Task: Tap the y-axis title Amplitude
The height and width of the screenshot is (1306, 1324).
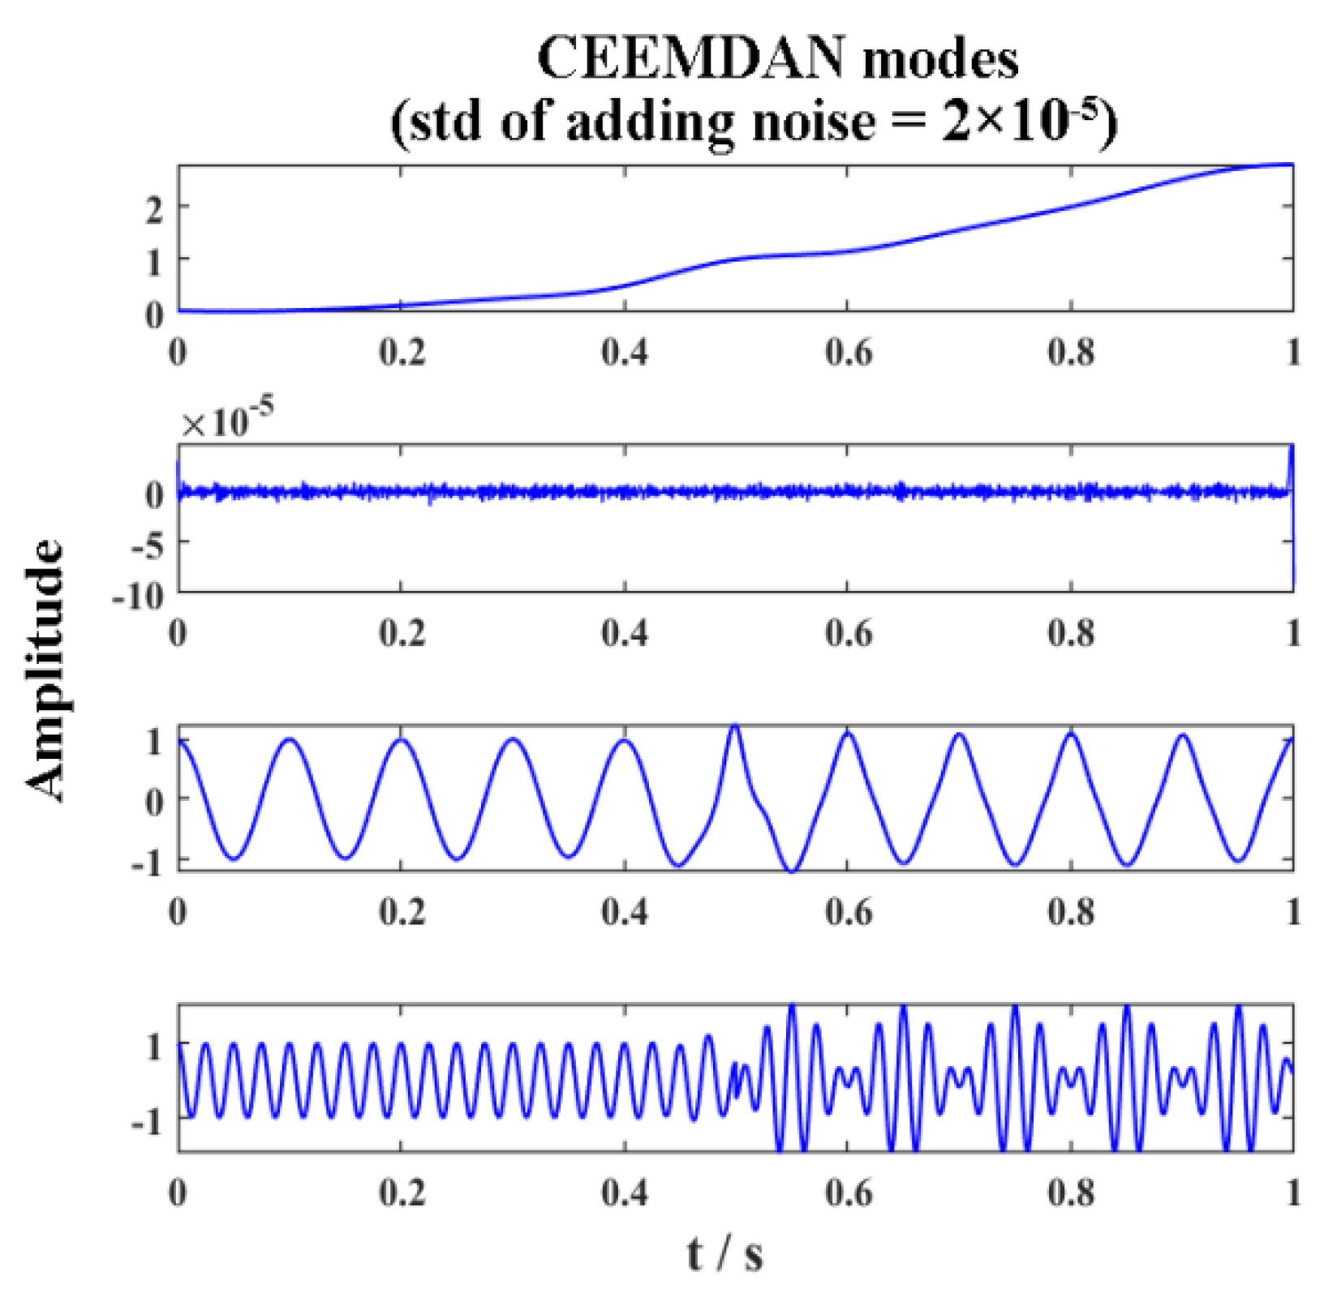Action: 45,669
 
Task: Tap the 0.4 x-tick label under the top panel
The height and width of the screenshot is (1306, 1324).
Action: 625,352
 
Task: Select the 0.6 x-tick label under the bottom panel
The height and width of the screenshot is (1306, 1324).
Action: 849,1193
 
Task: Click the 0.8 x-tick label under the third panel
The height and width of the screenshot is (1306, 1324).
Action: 1071,912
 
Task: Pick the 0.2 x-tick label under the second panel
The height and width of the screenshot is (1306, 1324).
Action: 402,632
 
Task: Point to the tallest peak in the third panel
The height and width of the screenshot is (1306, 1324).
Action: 736,726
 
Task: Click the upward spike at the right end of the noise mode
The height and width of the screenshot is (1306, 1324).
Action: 1292,447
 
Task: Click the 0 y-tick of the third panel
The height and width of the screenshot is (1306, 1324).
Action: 154,802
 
